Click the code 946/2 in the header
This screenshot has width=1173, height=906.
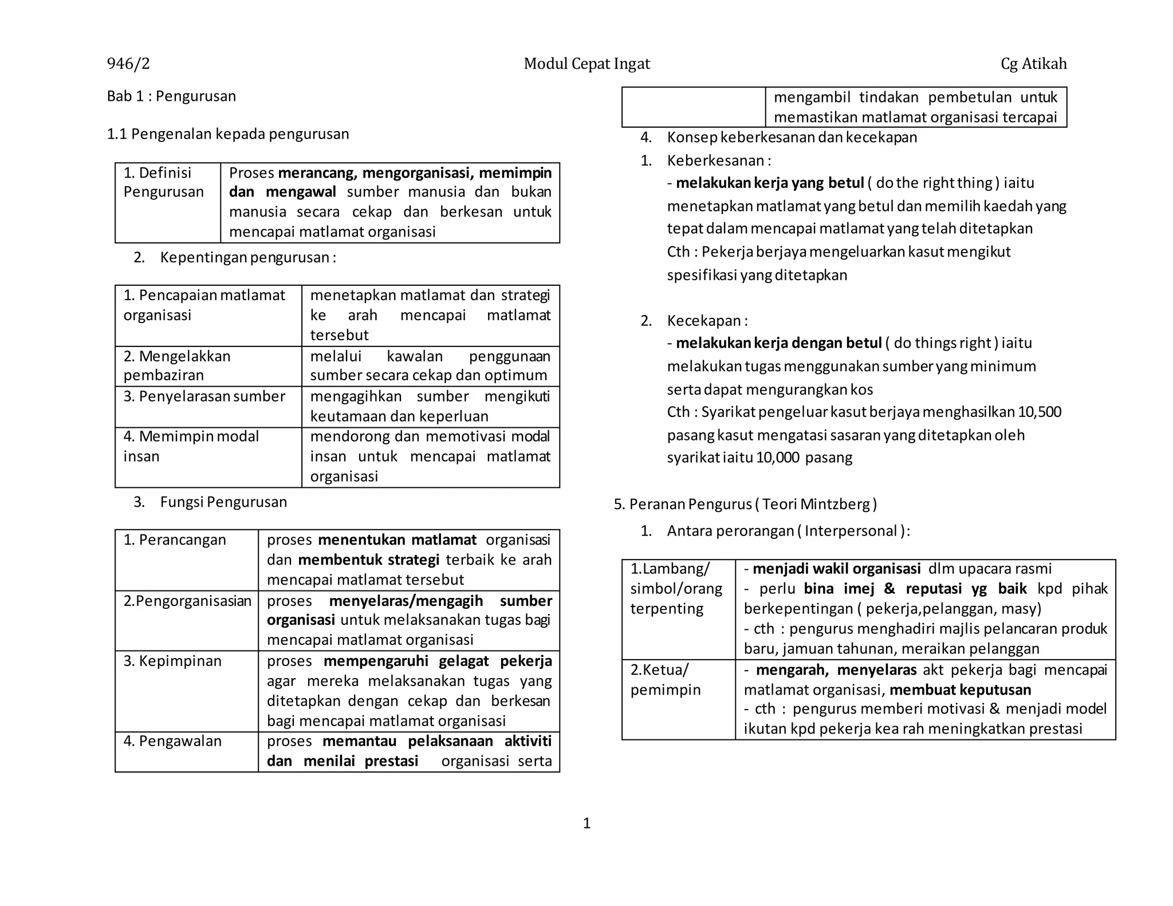tap(128, 64)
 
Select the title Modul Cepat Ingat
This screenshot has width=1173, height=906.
tap(586, 64)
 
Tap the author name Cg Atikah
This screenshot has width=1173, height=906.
tap(1033, 64)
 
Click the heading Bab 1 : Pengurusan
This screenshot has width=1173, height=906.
tap(171, 96)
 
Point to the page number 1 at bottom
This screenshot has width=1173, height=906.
tap(586, 824)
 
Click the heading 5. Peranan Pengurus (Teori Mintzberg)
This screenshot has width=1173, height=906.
tap(745, 505)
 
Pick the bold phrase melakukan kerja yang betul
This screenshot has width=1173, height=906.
tap(770, 183)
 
